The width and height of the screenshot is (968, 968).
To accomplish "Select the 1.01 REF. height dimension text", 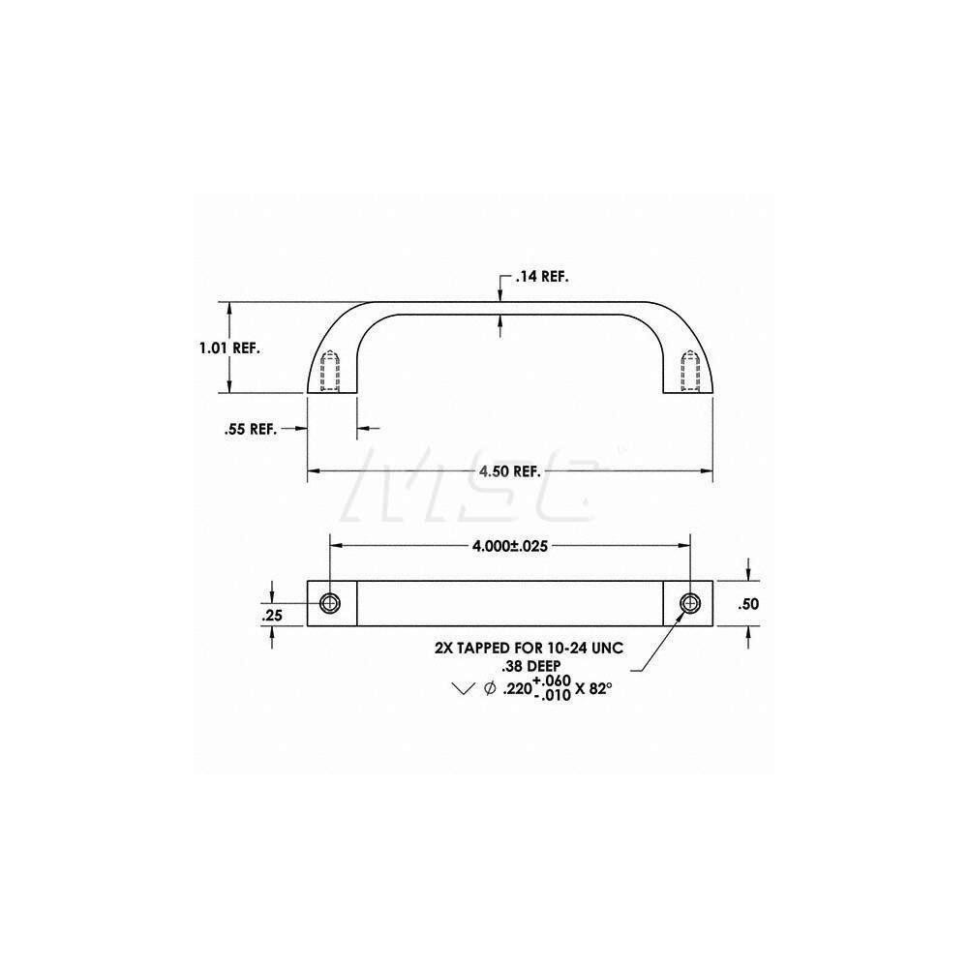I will (x=228, y=348).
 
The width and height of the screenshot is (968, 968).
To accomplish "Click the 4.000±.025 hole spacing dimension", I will (x=510, y=546).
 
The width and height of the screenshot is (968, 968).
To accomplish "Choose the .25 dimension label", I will (x=273, y=615).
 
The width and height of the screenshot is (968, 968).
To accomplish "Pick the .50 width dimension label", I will (x=748, y=604).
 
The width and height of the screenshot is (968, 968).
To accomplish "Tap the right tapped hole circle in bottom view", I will (x=689, y=603).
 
